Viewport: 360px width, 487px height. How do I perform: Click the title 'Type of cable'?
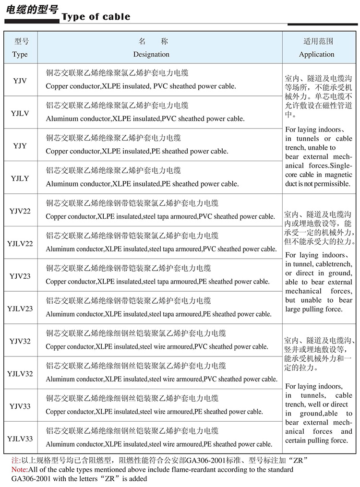point(96,17)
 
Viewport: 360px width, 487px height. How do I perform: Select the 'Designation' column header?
point(151,54)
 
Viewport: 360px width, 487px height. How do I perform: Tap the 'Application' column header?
point(316,54)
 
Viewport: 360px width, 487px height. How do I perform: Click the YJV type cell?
point(20,80)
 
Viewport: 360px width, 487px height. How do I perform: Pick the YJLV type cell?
point(20,113)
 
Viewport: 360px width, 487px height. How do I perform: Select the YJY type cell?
point(20,145)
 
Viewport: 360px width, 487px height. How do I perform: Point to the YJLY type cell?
point(20,178)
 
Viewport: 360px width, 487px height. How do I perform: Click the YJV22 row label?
point(20,211)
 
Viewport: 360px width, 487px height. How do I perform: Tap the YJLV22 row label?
point(20,243)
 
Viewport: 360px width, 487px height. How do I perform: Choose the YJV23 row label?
point(20,276)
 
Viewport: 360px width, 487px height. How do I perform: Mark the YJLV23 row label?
point(20,309)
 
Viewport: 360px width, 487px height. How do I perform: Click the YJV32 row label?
point(20,341)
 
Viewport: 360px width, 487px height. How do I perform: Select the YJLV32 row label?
point(20,374)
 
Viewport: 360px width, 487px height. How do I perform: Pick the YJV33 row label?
point(20,406)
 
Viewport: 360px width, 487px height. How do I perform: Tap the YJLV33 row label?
point(20,439)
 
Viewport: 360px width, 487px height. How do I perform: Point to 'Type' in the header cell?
point(20,54)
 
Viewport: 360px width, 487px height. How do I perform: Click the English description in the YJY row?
point(137,151)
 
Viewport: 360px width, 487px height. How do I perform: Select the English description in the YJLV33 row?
point(158,444)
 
